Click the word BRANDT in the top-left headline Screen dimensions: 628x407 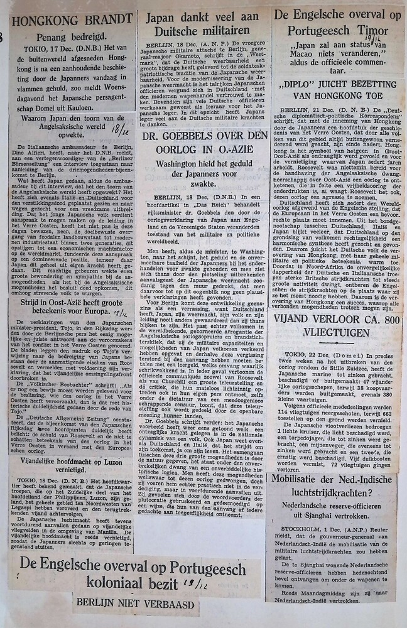click(x=100, y=18)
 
